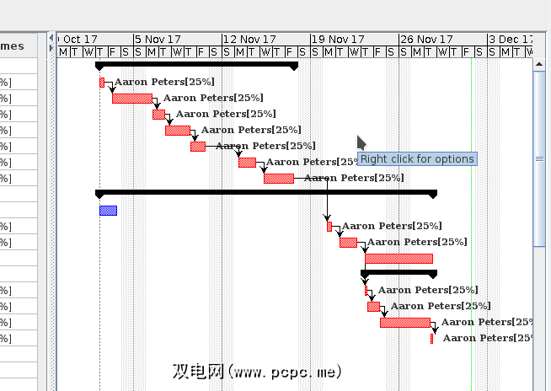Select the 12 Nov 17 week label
[250, 40]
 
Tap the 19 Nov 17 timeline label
[339, 40]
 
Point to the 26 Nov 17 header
[427, 40]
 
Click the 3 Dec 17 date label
[511, 40]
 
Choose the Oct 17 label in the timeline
[81, 40]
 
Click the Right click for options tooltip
[418, 159]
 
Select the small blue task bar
[108, 211]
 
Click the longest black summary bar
[266, 193]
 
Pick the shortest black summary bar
[399, 272]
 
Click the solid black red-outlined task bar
[399, 259]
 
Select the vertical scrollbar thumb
[540, 158]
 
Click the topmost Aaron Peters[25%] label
[164, 83]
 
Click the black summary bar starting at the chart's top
[196, 65]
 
